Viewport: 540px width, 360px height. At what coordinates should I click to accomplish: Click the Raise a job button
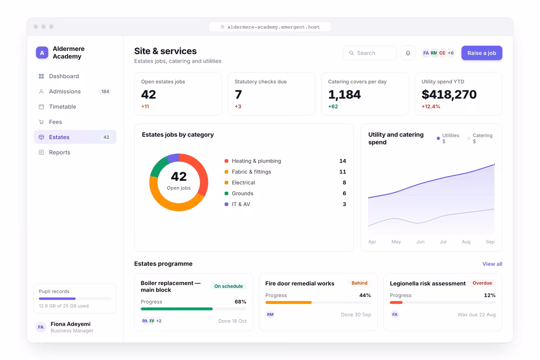481,53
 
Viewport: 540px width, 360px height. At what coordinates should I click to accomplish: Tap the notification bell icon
408,53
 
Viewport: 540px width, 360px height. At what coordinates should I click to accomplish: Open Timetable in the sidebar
63,107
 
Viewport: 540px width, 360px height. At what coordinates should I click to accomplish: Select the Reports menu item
59,153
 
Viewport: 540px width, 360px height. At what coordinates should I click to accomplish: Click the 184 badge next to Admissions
105,91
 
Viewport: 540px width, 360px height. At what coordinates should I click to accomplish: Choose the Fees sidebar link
55,122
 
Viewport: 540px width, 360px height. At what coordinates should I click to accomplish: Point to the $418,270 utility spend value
449,94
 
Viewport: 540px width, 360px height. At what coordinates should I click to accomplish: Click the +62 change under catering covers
333,106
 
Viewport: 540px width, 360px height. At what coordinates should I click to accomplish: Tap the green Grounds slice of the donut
158,166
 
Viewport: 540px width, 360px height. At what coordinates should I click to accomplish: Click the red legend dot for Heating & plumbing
226,161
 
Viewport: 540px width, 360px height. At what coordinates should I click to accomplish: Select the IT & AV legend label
241,204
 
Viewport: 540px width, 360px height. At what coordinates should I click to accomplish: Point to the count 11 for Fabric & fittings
342,172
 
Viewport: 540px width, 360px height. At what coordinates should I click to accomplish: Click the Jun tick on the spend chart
420,242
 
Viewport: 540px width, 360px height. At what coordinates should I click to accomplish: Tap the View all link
492,264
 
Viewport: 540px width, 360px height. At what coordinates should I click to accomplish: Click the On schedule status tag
229,286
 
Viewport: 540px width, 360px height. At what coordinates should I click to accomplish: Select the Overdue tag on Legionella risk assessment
482,283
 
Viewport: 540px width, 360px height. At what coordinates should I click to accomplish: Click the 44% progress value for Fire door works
365,295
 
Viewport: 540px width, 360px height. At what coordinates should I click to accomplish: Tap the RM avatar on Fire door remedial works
270,315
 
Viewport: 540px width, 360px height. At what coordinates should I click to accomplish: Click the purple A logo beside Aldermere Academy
42,53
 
